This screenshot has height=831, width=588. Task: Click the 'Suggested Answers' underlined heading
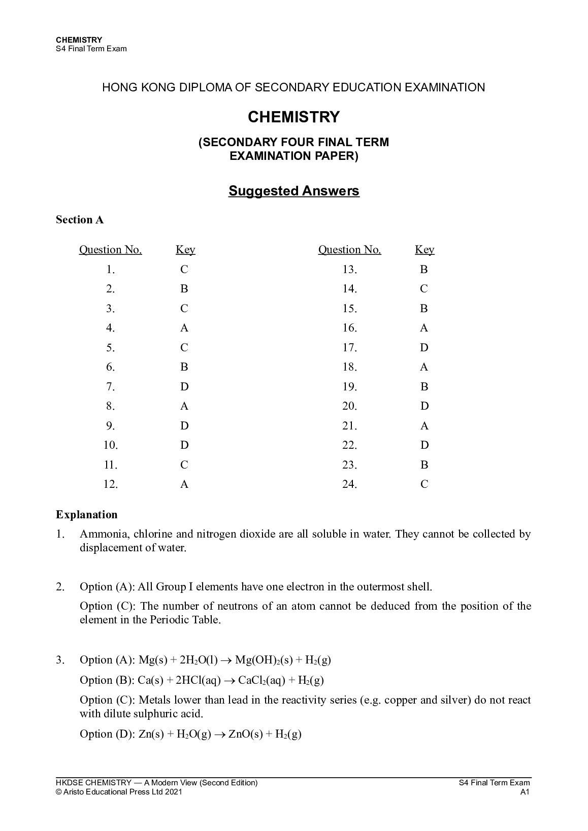point(293,191)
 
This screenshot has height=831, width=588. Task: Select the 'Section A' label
point(80,220)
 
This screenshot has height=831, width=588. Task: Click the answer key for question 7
point(184,387)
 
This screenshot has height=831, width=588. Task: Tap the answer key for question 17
point(424,348)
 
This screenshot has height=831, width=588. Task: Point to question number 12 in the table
point(111,484)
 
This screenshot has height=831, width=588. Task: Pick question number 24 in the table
point(349,484)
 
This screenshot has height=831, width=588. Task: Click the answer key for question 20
point(424,406)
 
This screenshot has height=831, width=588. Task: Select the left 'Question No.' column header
point(111,250)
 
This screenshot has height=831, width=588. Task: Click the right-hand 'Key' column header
point(424,250)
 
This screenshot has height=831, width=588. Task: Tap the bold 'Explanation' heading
point(86,515)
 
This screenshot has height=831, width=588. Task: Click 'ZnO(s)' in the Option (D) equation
point(245,735)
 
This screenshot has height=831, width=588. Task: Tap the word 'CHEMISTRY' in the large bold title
point(293,117)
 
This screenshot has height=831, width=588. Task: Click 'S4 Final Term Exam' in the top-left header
point(91,49)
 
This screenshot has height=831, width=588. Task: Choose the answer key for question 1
point(184,270)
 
